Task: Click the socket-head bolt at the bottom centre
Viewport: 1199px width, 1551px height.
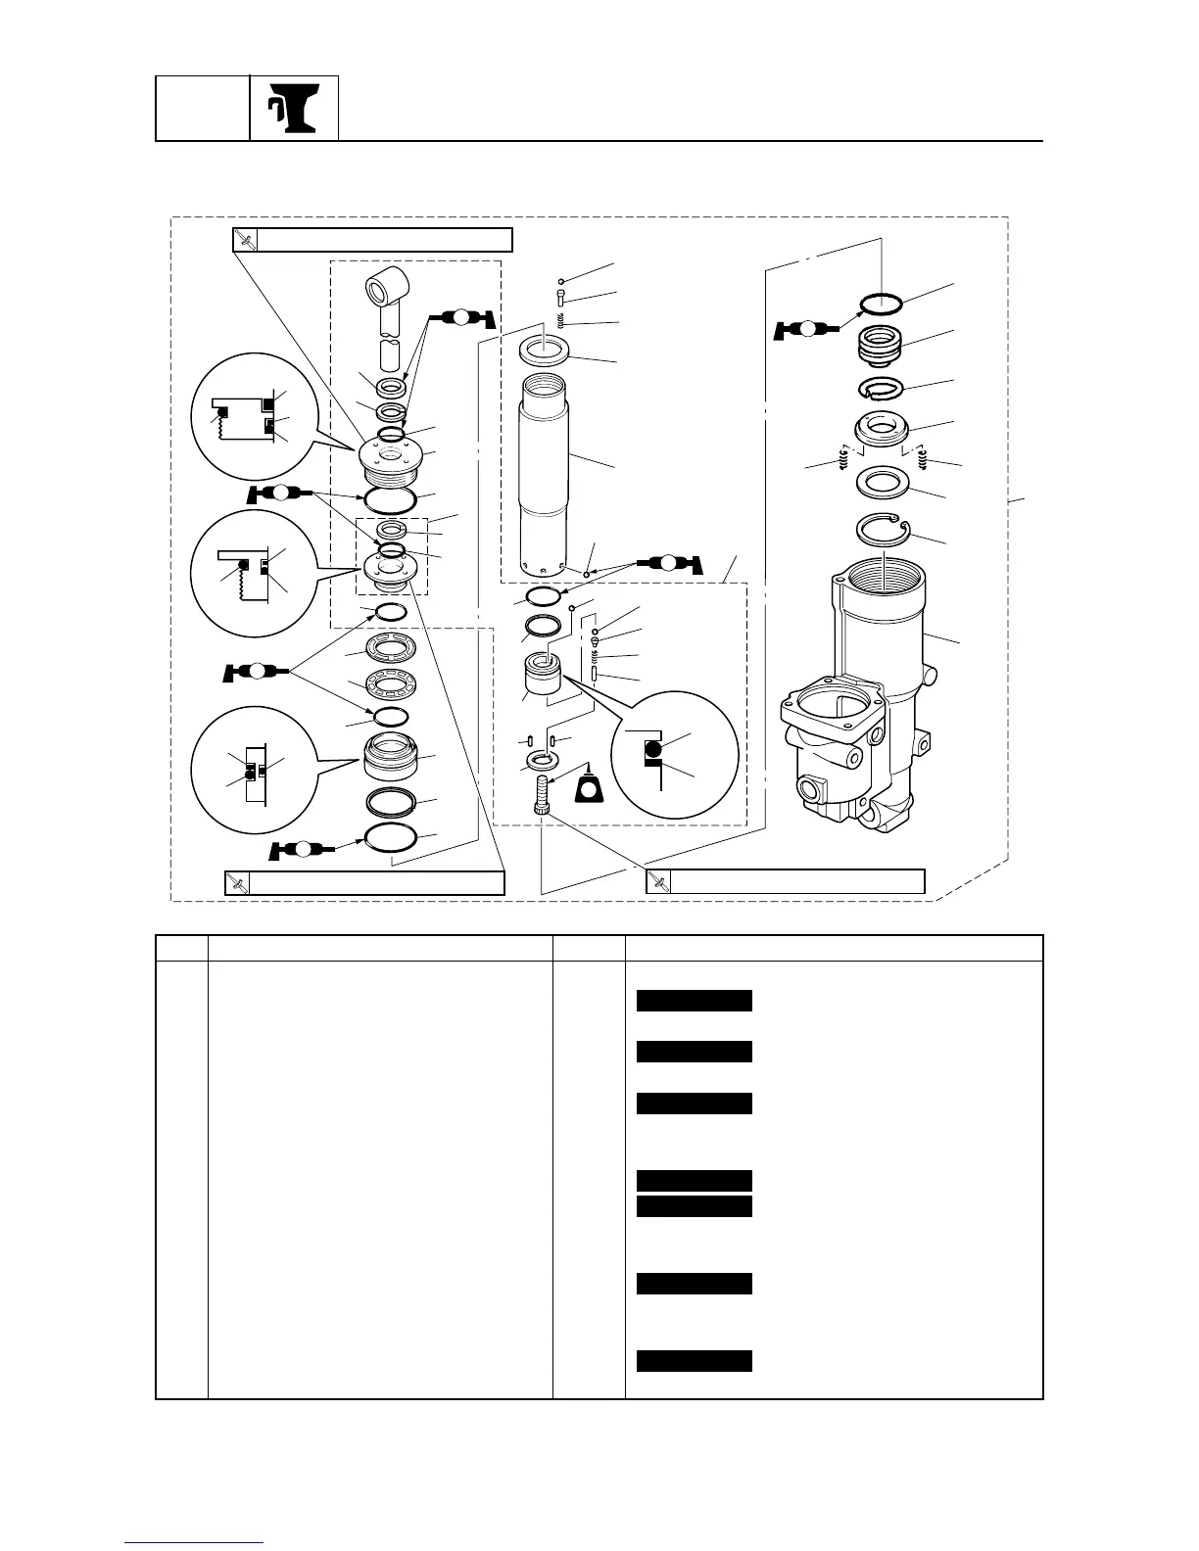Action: coord(542,791)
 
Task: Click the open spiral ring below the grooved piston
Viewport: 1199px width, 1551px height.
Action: coord(882,390)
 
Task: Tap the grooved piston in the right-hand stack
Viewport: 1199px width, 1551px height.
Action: coord(881,345)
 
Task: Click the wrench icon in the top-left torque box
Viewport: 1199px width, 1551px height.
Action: coord(246,240)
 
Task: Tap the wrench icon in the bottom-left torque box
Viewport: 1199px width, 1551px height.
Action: coord(237,882)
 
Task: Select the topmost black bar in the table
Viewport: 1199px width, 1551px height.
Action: coord(695,1000)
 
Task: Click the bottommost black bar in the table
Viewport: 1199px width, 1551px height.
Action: coord(695,1361)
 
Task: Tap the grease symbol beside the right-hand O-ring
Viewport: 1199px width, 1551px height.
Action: coord(807,329)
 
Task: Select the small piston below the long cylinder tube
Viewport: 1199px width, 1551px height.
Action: coord(544,674)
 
